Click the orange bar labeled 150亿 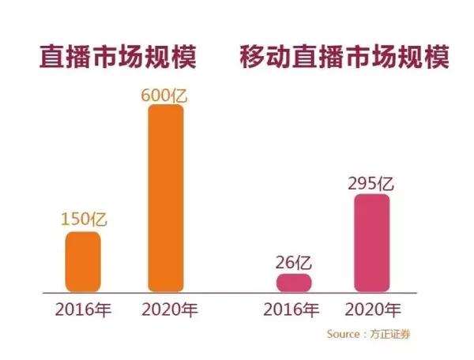[82, 261]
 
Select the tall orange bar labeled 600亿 [166, 197]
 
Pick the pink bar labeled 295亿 [372, 243]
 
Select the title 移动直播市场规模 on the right [345, 59]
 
